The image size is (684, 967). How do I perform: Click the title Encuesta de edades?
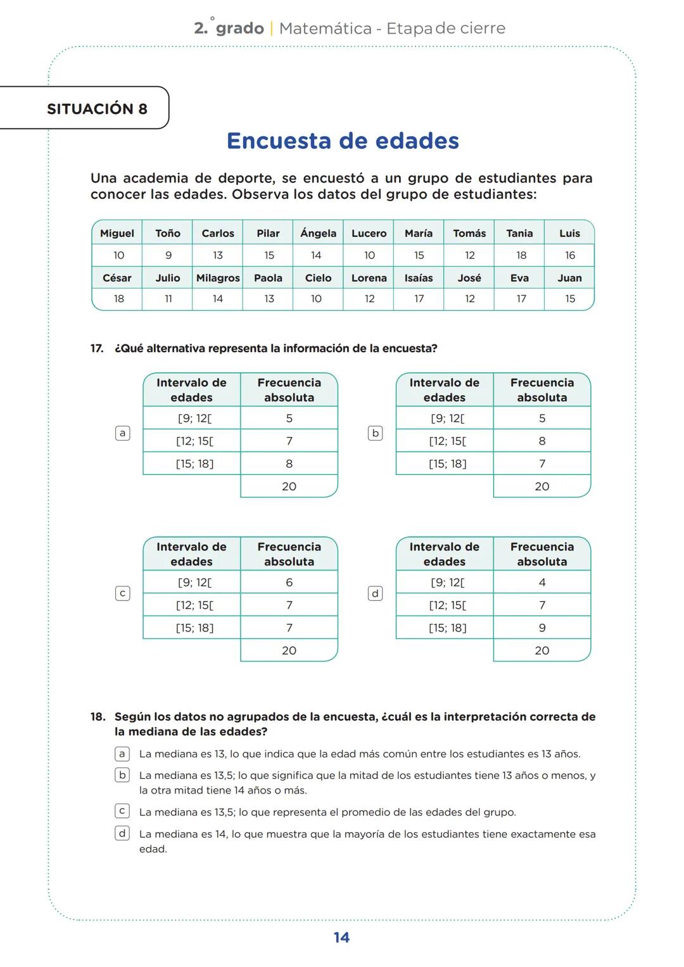click(x=343, y=141)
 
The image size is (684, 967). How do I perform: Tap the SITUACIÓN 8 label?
click(x=97, y=109)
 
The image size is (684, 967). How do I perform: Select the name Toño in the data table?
click(x=168, y=233)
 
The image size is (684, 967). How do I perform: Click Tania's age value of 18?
click(x=521, y=255)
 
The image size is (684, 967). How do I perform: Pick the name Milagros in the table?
click(x=218, y=278)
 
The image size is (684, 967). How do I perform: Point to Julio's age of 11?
click(x=168, y=299)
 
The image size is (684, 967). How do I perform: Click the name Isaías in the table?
click(x=419, y=278)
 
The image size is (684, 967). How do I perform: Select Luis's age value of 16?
click(x=569, y=255)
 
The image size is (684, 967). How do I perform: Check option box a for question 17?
click(x=122, y=433)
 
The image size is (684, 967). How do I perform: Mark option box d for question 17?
click(x=375, y=593)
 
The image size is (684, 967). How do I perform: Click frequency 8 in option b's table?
click(x=541, y=441)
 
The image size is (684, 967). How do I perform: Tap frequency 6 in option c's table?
click(x=289, y=583)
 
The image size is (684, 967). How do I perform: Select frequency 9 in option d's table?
click(x=541, y=628)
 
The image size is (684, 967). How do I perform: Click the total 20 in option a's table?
click(x=289, y=486)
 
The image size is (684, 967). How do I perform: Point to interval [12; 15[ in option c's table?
click(x=194, y=605)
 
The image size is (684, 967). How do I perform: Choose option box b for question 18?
click(x=122, y=775)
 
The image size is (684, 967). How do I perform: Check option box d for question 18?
click(x=122, y=833)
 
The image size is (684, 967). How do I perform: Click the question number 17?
click(x=97, y=349)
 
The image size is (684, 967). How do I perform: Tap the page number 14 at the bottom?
click(x=341, y=938)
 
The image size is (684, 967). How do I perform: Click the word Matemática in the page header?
click(x=325, y=28)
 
